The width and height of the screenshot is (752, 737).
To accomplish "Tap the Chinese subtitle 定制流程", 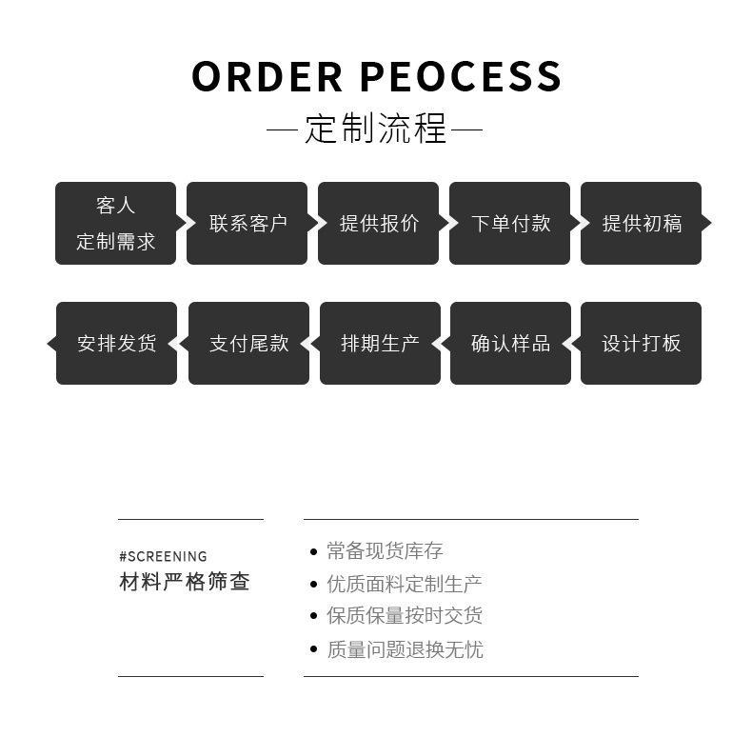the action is (x=376, y=129).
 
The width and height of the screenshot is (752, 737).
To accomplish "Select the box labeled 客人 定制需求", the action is (x=115, y=223).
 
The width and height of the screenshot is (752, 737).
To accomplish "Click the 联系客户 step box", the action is (x=247, y=223).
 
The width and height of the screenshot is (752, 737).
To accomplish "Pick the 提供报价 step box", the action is (x=378, y=223).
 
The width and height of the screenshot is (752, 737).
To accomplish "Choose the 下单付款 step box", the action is (x=509, y=223).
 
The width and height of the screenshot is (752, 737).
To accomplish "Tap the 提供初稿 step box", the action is (x=641, y=223).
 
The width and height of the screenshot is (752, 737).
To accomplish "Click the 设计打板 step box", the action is (x=641, y=343).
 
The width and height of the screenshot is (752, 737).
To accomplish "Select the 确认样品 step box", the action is (x=510, y=343).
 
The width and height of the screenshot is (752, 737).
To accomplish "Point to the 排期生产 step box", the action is (x=380, y=343).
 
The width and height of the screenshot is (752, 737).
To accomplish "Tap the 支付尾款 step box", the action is (x=248, y=343).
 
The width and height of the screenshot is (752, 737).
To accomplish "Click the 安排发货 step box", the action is (x=116, y=343).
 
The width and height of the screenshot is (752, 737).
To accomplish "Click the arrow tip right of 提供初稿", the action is (x=706, y=223).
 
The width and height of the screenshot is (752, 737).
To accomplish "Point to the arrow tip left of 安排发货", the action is (x=51, y=343).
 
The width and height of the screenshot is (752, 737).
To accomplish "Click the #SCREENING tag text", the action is (x=163, y=556).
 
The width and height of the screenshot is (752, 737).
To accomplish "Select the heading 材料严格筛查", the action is (x=185, y=582).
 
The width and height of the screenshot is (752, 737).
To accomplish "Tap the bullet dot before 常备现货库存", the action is (x=314, y=551).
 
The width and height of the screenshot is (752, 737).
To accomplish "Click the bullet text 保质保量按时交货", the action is (x=405, y=616).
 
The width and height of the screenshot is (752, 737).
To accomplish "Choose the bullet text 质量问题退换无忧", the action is (x=405, y=649).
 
